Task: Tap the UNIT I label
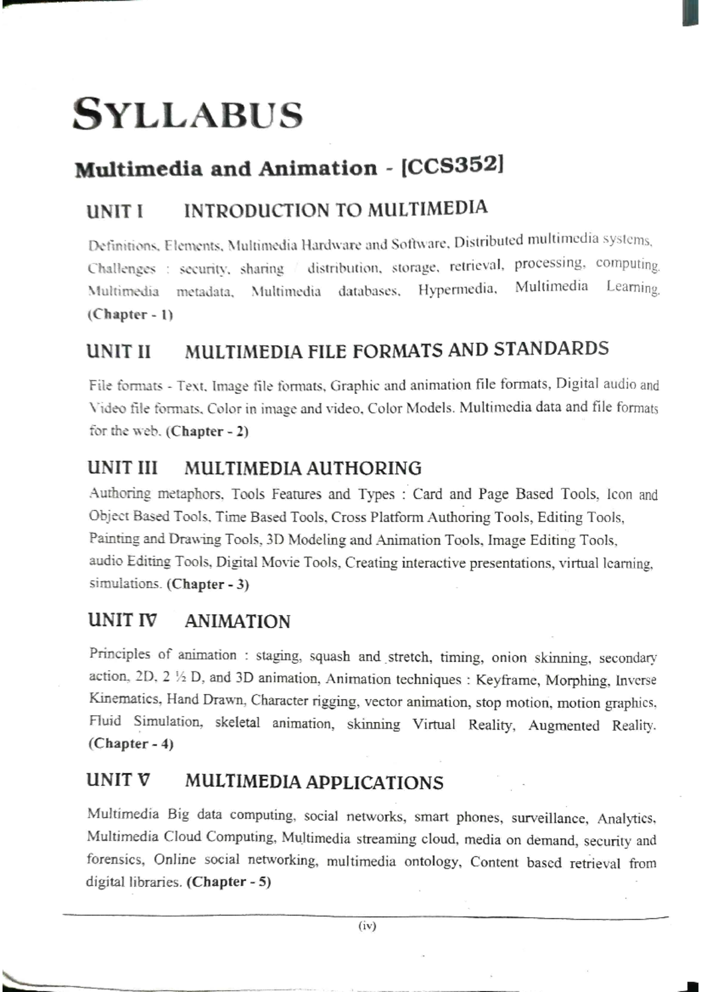pyautogui.click(x=114, y=211)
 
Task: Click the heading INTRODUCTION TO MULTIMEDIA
pyautogui.click(x=335, y=209)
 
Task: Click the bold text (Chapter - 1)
pyautogui.click(x=130, y=314)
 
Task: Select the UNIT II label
pyautogui.click(x=119, y=352)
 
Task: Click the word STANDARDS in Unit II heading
pyautogui.click(x=551, y=349)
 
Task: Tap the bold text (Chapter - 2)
pyautogui.click(x=207, y=432)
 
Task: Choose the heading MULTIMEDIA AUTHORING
pyautogui.click(x=303, y=468)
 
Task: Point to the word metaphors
pyautogui.click(x=190, y=494)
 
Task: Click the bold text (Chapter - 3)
pyautogui.click(x=208, y=584)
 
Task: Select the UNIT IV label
pyautogui.click(x=122, y=620)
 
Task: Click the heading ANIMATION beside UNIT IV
pyautogui.click(x=237, y=621)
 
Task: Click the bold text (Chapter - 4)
pyautogui.click(x=131, y=744)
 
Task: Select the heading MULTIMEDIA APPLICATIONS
pyautogui.click(x=314, y=782)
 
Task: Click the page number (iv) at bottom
pyautogui.click(x=367, y=926)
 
